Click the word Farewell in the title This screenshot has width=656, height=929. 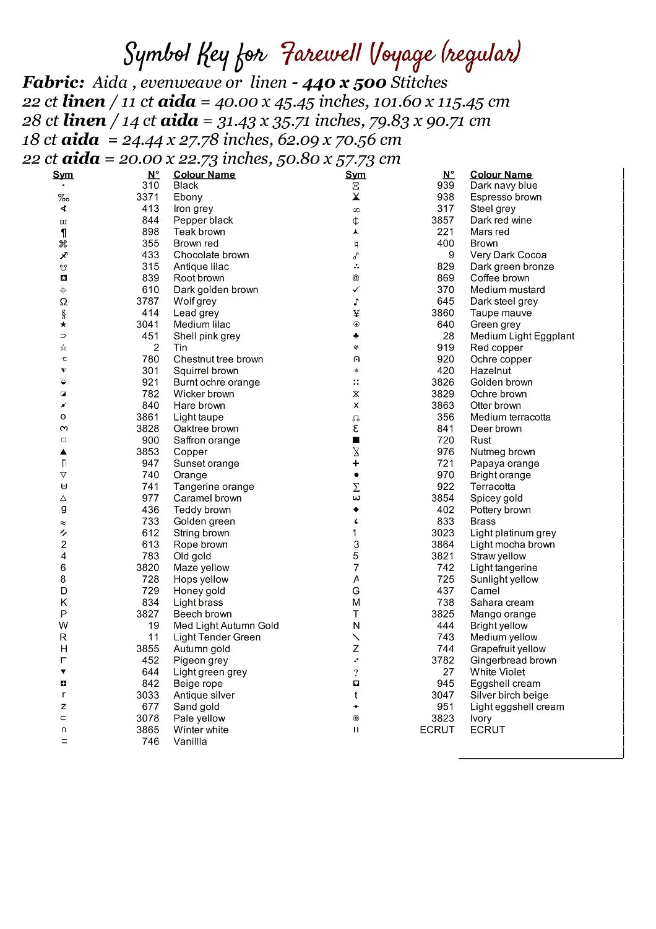coord(321,55)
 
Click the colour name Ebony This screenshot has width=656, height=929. coord(188,197)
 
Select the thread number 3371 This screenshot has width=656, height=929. coord(147,197)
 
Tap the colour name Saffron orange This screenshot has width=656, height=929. coord(206,440)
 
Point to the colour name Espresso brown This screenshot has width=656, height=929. coord(506,197)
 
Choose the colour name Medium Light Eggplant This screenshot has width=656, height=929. coord(522,336)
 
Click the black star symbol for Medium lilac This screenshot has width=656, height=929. coord(63,325)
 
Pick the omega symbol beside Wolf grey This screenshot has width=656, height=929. coord(63,302)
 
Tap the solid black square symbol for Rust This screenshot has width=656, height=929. coord(356,440)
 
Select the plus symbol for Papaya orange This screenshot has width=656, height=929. coord(356,463)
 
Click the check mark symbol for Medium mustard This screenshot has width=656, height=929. coord(356,290)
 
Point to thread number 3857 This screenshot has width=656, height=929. coord(442,220)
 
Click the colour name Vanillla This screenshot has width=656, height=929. coord(190,741)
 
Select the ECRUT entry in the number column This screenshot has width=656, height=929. coord(437,730)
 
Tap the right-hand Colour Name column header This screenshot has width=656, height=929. coord(501,175)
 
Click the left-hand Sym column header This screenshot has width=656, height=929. coord(63,175)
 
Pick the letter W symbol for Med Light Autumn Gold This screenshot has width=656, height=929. coord(63,626)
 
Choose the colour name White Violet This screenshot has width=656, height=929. coord(497,672)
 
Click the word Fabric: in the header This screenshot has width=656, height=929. coord(53,82)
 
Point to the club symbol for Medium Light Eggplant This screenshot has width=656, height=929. coord(356,336)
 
